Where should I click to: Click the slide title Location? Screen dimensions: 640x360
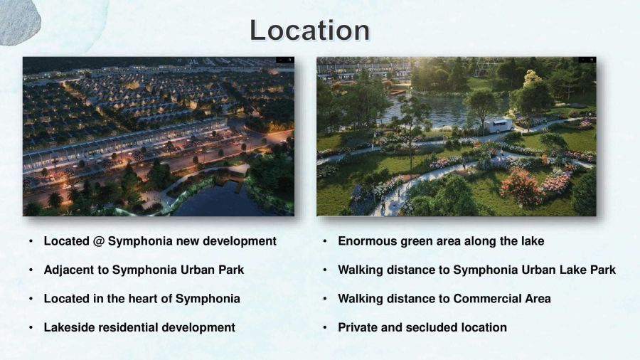(x=310, y=30)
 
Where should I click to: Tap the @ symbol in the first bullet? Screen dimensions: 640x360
(x=98, y=241)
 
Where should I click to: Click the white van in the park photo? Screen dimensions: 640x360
(x=498, y=125)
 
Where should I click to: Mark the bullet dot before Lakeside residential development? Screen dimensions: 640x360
(x=31, y=327)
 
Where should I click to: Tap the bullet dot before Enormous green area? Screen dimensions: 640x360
(x=325, y=241)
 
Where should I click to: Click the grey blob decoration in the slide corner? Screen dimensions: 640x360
(x=18, y=21)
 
